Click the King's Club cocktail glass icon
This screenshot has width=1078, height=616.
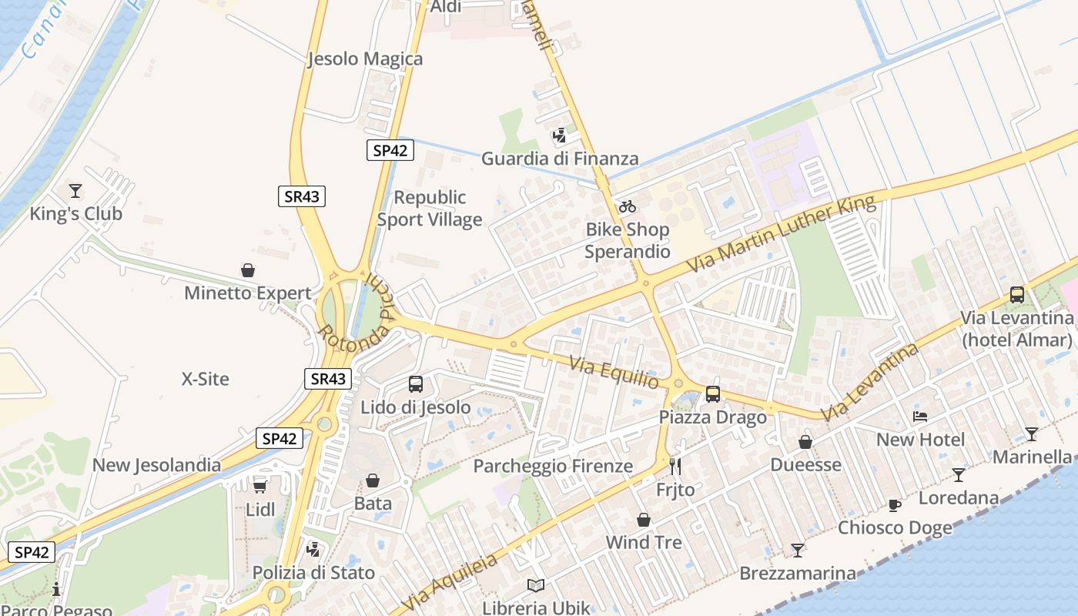(x=75, y=190)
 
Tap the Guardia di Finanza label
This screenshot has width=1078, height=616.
(x=560, y=159)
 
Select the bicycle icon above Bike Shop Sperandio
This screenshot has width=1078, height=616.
(x=628, y=206)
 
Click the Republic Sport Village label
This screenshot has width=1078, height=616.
(x=430, y=209)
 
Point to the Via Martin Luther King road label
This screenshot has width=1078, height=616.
(x=781, y=234)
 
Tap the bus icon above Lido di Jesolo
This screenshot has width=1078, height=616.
(x=416, y=383)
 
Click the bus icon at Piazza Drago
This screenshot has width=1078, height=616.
(x=713, y=394)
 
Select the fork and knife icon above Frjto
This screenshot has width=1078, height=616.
(x=675, y=466)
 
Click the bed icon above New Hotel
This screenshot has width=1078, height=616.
(x=920, y=417)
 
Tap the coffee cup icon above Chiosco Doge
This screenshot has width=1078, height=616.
(x=894, y=505)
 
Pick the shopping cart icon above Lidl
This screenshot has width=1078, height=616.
(x=260, y=486)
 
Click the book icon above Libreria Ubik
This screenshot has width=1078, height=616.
(x=536, y=585)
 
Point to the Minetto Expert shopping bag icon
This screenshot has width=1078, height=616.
(x=248, y=270)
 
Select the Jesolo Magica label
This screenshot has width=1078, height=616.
(x=365, y=59)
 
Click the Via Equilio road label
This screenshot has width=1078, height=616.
(x=614, y=372)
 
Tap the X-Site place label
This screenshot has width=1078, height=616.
(x=206, y=379)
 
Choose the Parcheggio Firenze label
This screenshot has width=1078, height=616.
(x=553, y=466)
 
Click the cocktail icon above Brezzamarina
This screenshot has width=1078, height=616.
(x=798, y=551)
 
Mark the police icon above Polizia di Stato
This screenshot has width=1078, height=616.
(x=313, y=550)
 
